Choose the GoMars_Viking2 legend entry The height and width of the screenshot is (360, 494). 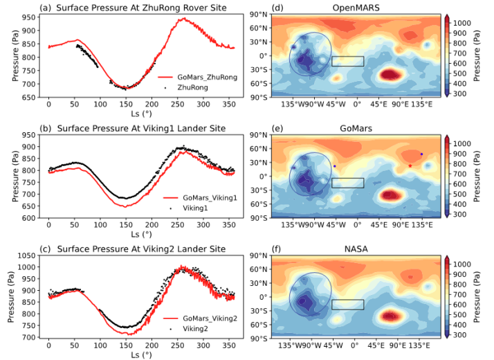tap(208, 318)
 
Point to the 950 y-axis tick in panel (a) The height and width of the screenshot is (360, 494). tap(30, 13)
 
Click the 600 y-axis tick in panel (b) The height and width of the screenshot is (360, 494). tap(30, 218)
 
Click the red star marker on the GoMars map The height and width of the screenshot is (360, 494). tap(410, 165)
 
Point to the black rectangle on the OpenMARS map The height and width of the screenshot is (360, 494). tap(347, 62)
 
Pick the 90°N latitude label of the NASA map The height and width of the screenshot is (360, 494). tap(259, 255)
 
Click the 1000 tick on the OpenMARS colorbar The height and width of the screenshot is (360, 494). tap(462, 23)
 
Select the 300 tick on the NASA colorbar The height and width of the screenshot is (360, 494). tap(461, 335)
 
